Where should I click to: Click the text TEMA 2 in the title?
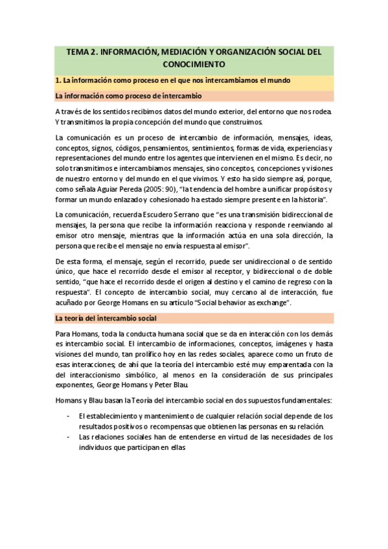81,52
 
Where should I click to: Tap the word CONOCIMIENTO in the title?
194,65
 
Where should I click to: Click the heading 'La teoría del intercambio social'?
106,319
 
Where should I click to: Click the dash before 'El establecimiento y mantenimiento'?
69,416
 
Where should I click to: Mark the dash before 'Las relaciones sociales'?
69,437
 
